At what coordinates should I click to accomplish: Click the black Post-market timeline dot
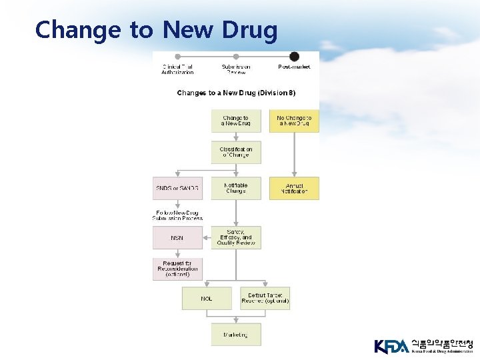pos(294,57)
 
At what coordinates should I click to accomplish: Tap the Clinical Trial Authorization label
pos(177,69)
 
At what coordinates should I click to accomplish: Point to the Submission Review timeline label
pos(236,69)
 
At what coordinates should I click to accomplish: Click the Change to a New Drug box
pos(236,121)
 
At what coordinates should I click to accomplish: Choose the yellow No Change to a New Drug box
pos(294,121)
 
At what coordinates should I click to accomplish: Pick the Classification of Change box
pos(236,152)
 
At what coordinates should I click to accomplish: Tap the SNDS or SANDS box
pos(177,188)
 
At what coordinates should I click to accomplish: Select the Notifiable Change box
pos(236,188)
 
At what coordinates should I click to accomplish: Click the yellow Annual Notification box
pos(294,188)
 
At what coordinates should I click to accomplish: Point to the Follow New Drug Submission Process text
pos(177,215)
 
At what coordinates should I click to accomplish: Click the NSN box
pos(177,238)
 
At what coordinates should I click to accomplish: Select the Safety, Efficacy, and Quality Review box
pos(236,238)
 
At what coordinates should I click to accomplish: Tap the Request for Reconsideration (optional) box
pos(177,269)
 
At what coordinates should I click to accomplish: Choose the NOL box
pos(207,298)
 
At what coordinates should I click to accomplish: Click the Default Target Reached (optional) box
pos(265,298)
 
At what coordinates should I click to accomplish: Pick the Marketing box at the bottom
pos(236,335)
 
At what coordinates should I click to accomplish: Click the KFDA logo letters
pos(391,346)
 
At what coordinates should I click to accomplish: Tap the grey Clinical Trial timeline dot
pos(177,57)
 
